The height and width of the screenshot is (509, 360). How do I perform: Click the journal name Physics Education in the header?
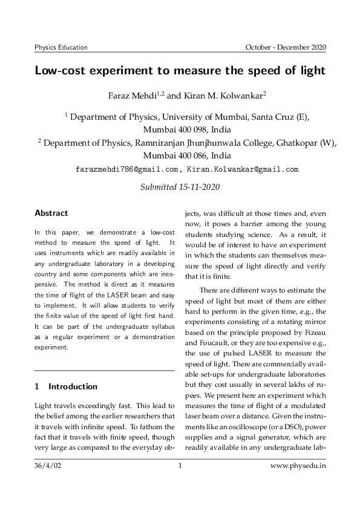61,47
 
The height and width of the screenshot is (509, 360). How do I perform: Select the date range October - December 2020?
285,47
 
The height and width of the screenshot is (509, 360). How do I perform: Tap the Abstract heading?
51,213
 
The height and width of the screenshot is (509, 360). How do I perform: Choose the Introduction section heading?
73,386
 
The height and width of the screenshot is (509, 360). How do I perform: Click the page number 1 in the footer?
180,466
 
